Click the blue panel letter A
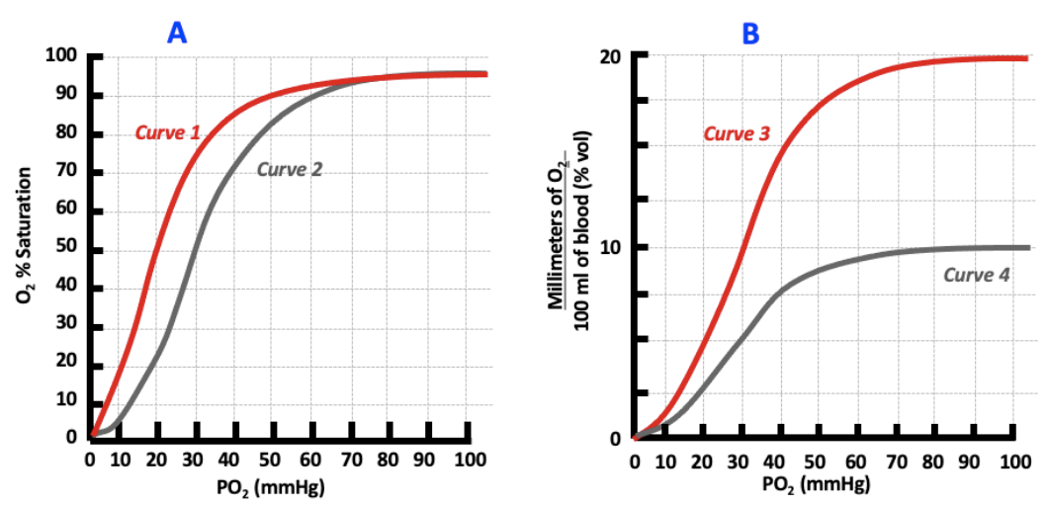pyautogui.click(x=177, y=33)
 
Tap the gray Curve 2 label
pyautogui.click(x=290, y=169)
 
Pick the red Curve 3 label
pyautogui.click(x=737, y=133)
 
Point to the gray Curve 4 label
pyautogui.click(x=976, y=275)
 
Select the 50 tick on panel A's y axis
pyautogui.click(x=66, y=249)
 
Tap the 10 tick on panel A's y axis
pyautogui.click(x=66, y=400)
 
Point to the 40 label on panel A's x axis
pyautogui.click(x=229, y=459)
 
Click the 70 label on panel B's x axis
pyautogui.click(x=880, y=461)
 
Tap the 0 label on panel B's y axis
pyautogui.click(x=614, y=439)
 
